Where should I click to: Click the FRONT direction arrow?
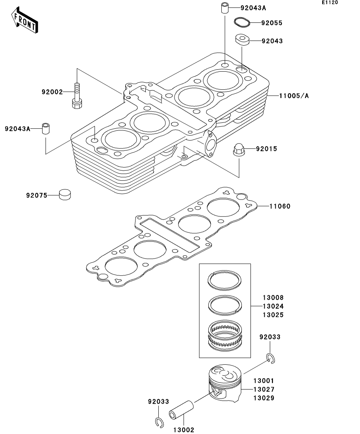pyautogui.click(x=24, y=20)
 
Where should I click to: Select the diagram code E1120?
pyautogui.click(x=330, y=2)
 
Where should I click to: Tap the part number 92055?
pyautogui.click(x=272, y=23)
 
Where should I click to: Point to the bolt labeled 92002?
pyautogui.click(x=77, y=96)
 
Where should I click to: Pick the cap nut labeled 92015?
pyautogui.click(x=239, y=150)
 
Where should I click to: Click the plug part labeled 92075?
pyautogui.click(x=65, y=195)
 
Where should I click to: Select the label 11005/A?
pyautogui.click(x=294, y=96)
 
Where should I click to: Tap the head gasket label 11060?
pyautogui.click(x=280, y=206)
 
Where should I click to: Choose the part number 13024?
pyautogui.click(x=273, y=306)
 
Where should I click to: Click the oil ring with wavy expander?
pyautogui.click(x=225, y=336)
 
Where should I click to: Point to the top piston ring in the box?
pyautogui.click(x=225, y=281)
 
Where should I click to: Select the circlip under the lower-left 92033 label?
pyautogui.click(x=159, y=422)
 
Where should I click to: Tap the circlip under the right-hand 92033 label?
pyautogui.click(x=271, y=358)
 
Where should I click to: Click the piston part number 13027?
pyautogui.click(x=264, y=390)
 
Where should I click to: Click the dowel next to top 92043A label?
pyautogui.click(x=225, y=7)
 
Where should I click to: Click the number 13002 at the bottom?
pyautogui.click(x=184, y=430)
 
